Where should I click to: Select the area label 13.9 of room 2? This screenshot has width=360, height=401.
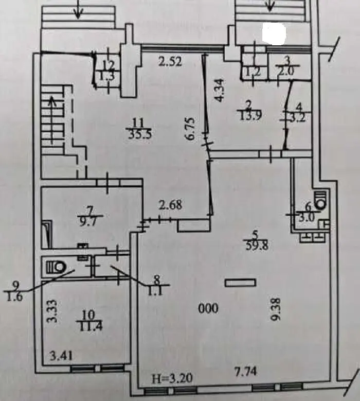coord(249,116)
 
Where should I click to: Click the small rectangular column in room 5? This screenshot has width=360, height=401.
coord(240,282)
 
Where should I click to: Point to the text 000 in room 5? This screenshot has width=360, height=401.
coord(209,308)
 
